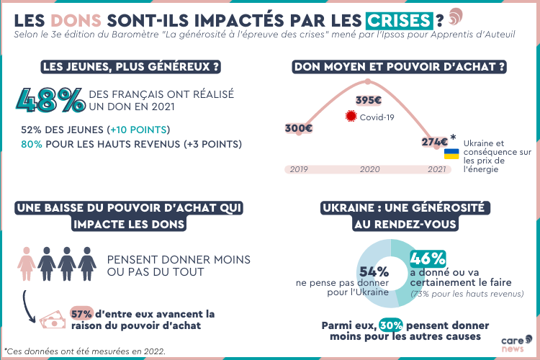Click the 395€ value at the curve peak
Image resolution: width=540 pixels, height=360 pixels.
(369, 100)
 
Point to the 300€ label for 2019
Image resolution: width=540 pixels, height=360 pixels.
(299, 128)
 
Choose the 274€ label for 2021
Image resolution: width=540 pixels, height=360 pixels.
(434, 142)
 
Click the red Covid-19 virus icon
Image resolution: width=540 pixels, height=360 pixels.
(351, 117)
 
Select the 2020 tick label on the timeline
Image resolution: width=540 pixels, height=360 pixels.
(369, 169)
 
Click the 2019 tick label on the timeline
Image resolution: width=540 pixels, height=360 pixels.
(299, 169)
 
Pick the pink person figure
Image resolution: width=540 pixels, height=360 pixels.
(26, 265)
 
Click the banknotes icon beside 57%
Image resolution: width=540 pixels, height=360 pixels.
(51, 319)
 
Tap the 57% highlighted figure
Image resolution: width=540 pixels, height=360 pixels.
(81, 313)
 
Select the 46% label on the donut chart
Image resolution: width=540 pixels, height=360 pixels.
(428, 258)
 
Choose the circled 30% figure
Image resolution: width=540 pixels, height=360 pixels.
(391, 325)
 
